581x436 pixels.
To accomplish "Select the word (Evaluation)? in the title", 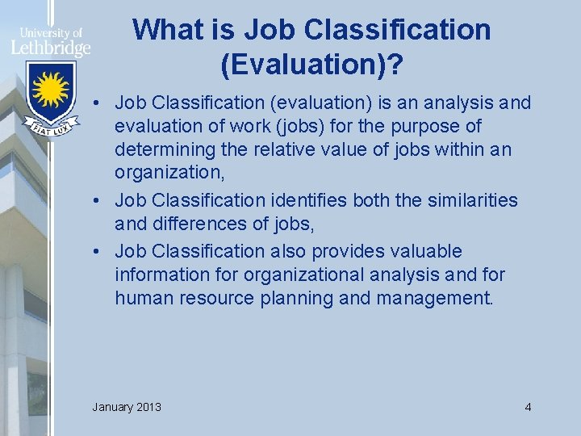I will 312,65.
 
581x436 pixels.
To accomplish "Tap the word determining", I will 164,151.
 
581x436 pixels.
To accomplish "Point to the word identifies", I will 310,200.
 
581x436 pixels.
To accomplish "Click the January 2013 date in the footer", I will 127,406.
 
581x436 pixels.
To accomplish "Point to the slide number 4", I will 528,406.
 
